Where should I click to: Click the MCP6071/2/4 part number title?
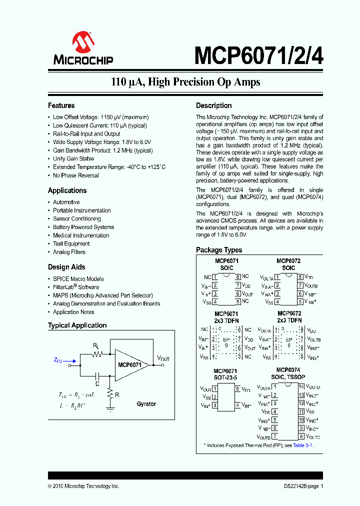(258, 55)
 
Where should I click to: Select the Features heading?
(61, 105)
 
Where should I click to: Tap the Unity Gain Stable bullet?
(73, 159)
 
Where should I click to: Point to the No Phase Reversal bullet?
(76, 175)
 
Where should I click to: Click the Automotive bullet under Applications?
(66, 202)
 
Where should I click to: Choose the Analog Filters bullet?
(69, 252)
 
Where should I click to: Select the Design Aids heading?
(66, 267)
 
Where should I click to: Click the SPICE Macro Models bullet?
(78, 278)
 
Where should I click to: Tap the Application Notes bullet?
(73, 312)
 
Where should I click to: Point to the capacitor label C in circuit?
(98, 383)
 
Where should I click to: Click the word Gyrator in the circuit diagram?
(146, 403)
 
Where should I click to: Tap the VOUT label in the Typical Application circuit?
(163, 358)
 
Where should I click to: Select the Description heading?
(213, 105)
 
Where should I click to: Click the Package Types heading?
(219, 250)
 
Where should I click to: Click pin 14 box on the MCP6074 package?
(301, 386)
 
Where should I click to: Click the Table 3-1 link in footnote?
(302, 445)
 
